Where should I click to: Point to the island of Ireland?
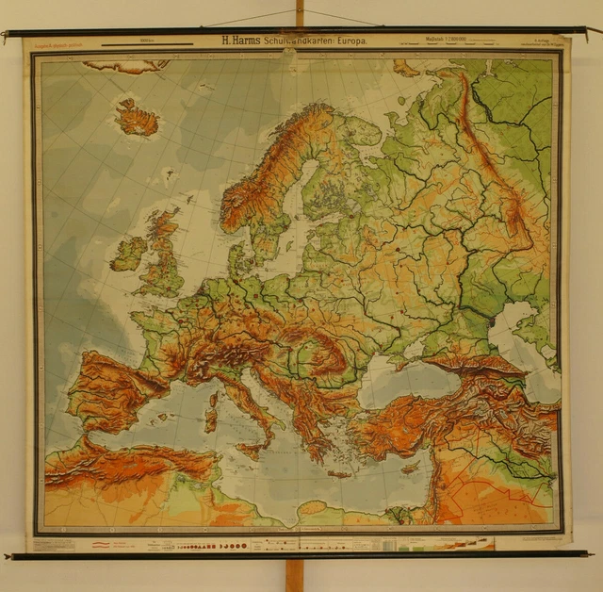click(x=128, y=254)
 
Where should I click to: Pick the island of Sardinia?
click(x=211, y=411)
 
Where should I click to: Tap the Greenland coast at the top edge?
click(x=127, y=66)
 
